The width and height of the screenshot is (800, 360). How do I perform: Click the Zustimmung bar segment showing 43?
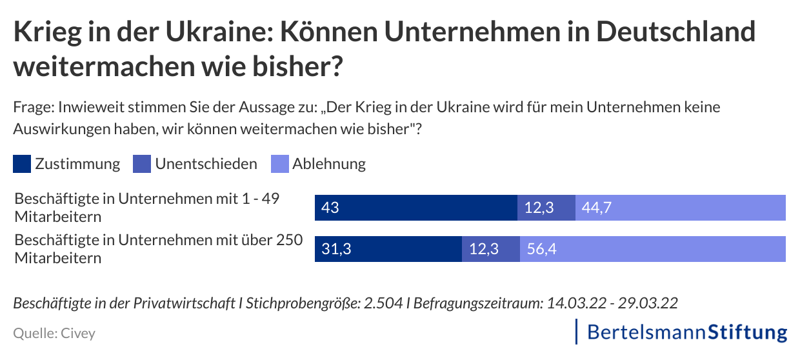pyautogui.click(x=415, y=208)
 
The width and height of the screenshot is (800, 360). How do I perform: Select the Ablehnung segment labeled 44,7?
pyautogui.click(x=680, y=208)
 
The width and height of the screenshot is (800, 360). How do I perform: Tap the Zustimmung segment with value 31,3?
pyautogui.click(x=388, y=249)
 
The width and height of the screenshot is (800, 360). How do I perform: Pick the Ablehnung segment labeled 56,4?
pyautogui.click(x=652, y=249)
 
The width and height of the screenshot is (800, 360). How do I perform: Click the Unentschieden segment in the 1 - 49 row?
pyautogui.click(x=546, y=208)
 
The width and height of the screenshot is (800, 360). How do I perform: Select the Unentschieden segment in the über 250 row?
pyautogui.click(x=490, y=249)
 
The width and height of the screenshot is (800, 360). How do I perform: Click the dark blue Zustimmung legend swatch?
pyautogui.click(x=22, y=164)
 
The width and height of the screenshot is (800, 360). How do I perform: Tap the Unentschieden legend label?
pyautogui.click(x=205, y=164)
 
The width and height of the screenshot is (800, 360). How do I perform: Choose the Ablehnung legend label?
pyautogui.click(x=328, y=164)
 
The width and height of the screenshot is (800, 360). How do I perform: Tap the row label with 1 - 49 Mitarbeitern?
pyautogui.click(x=147, y=206)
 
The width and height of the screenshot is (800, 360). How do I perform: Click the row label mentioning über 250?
pyautogui.click(x=158, y=248)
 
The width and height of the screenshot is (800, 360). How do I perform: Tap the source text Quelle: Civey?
pyautogui.click(x=54, y=334)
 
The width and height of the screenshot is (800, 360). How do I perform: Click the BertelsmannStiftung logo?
pyautogui.click(x=686, y=332)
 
